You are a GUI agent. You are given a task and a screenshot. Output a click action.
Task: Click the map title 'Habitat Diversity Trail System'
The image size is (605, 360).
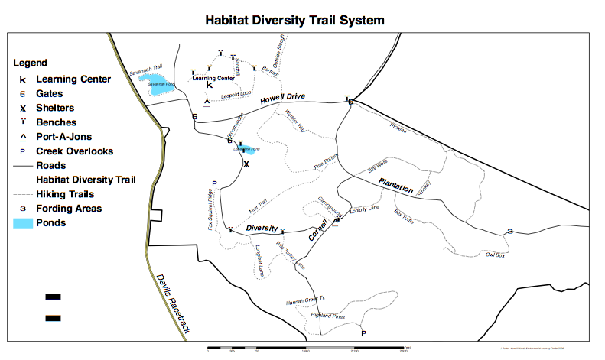(294, 19)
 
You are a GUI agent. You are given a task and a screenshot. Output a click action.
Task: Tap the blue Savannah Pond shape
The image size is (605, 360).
(160, 85)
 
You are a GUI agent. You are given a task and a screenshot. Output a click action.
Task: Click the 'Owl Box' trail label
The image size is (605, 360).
(496, 255)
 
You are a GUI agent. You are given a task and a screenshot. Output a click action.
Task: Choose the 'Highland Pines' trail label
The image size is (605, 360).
(328, 316)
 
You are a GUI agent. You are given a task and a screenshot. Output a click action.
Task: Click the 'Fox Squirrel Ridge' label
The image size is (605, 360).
(210, 209)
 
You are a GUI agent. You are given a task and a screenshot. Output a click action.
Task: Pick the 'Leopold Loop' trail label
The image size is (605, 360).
(236, 96)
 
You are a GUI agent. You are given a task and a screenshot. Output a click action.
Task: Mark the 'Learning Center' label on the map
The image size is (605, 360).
(213, 78)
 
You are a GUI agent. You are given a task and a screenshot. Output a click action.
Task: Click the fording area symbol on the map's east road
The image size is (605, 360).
(509, 231)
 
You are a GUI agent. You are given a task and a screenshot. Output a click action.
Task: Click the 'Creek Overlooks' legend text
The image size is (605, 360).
(74, 151)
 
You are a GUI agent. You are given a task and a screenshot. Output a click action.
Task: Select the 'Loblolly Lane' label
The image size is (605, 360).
(363, 209)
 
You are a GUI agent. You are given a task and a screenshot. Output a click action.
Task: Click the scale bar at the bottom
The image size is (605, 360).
(307, 349)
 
